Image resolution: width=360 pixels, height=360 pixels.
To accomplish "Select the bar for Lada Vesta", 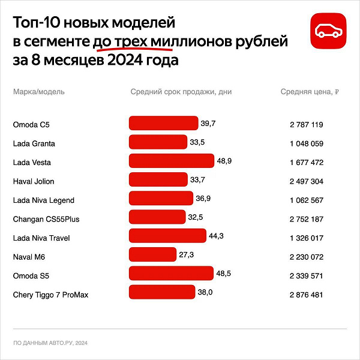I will point(172,161).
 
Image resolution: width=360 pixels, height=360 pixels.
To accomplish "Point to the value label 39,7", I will point(208,124).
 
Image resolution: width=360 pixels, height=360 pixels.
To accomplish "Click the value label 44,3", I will point(216,237).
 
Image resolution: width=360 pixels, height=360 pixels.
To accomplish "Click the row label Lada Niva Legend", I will point(43,200).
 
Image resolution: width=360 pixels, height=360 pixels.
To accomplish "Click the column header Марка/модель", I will point(38,92).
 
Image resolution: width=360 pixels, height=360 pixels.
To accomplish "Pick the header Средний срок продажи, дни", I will point(181,92).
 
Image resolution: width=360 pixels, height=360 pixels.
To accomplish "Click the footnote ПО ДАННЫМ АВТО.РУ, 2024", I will point(50,343).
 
